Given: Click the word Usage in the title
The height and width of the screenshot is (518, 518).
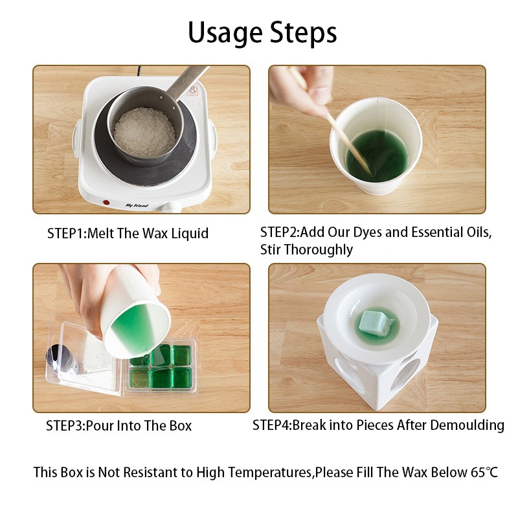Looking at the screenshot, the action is click(x=225, y=33).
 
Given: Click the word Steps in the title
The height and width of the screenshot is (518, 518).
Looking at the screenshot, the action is click(x=303, y=33).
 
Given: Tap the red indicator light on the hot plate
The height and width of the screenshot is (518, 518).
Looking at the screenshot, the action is click(x=106, y=203).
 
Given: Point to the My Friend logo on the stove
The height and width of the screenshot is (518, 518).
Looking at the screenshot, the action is click(x=137, y=205).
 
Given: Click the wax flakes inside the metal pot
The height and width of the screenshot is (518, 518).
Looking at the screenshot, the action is click(x=144, y=131).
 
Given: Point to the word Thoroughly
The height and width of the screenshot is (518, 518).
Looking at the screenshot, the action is click(x=319, y=250).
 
